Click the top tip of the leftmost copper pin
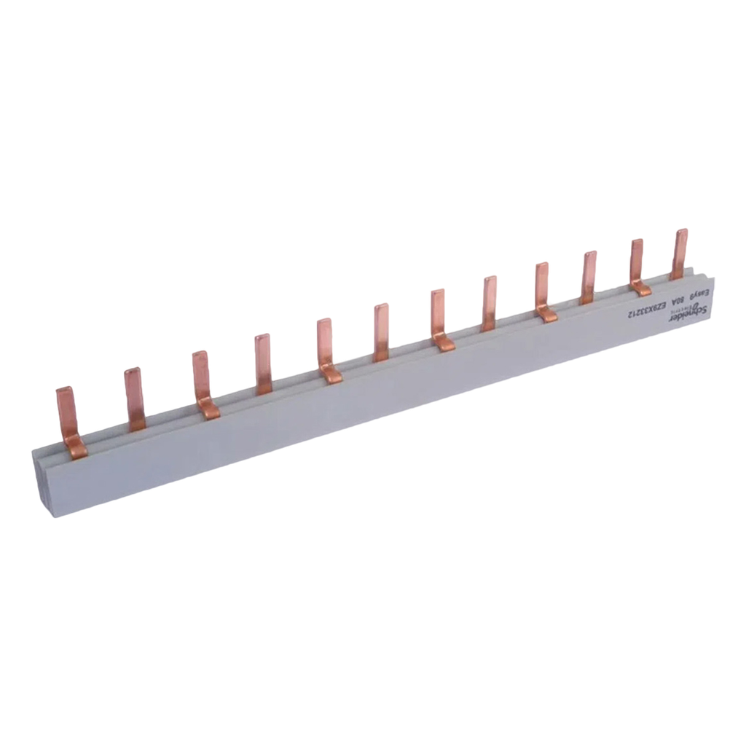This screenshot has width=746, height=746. tap(65, 390)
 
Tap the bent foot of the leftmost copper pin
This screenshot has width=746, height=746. tap(76, 450)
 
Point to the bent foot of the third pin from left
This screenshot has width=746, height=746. tap(208, 411)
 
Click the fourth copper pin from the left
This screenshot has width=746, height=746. tap(263, 363)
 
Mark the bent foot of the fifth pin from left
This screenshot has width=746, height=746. tap(331, 374)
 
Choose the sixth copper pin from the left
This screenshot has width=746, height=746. tap(381, 331)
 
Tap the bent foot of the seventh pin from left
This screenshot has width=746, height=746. tap(444, 342)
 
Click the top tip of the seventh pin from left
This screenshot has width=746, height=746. tap(436, 292)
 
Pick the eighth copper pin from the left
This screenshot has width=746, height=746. tap(490, 302)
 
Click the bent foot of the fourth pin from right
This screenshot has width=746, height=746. tap(546, 314)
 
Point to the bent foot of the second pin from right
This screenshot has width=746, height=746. tap(641, 288)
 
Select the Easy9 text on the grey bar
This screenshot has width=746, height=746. tap(698, 294)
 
